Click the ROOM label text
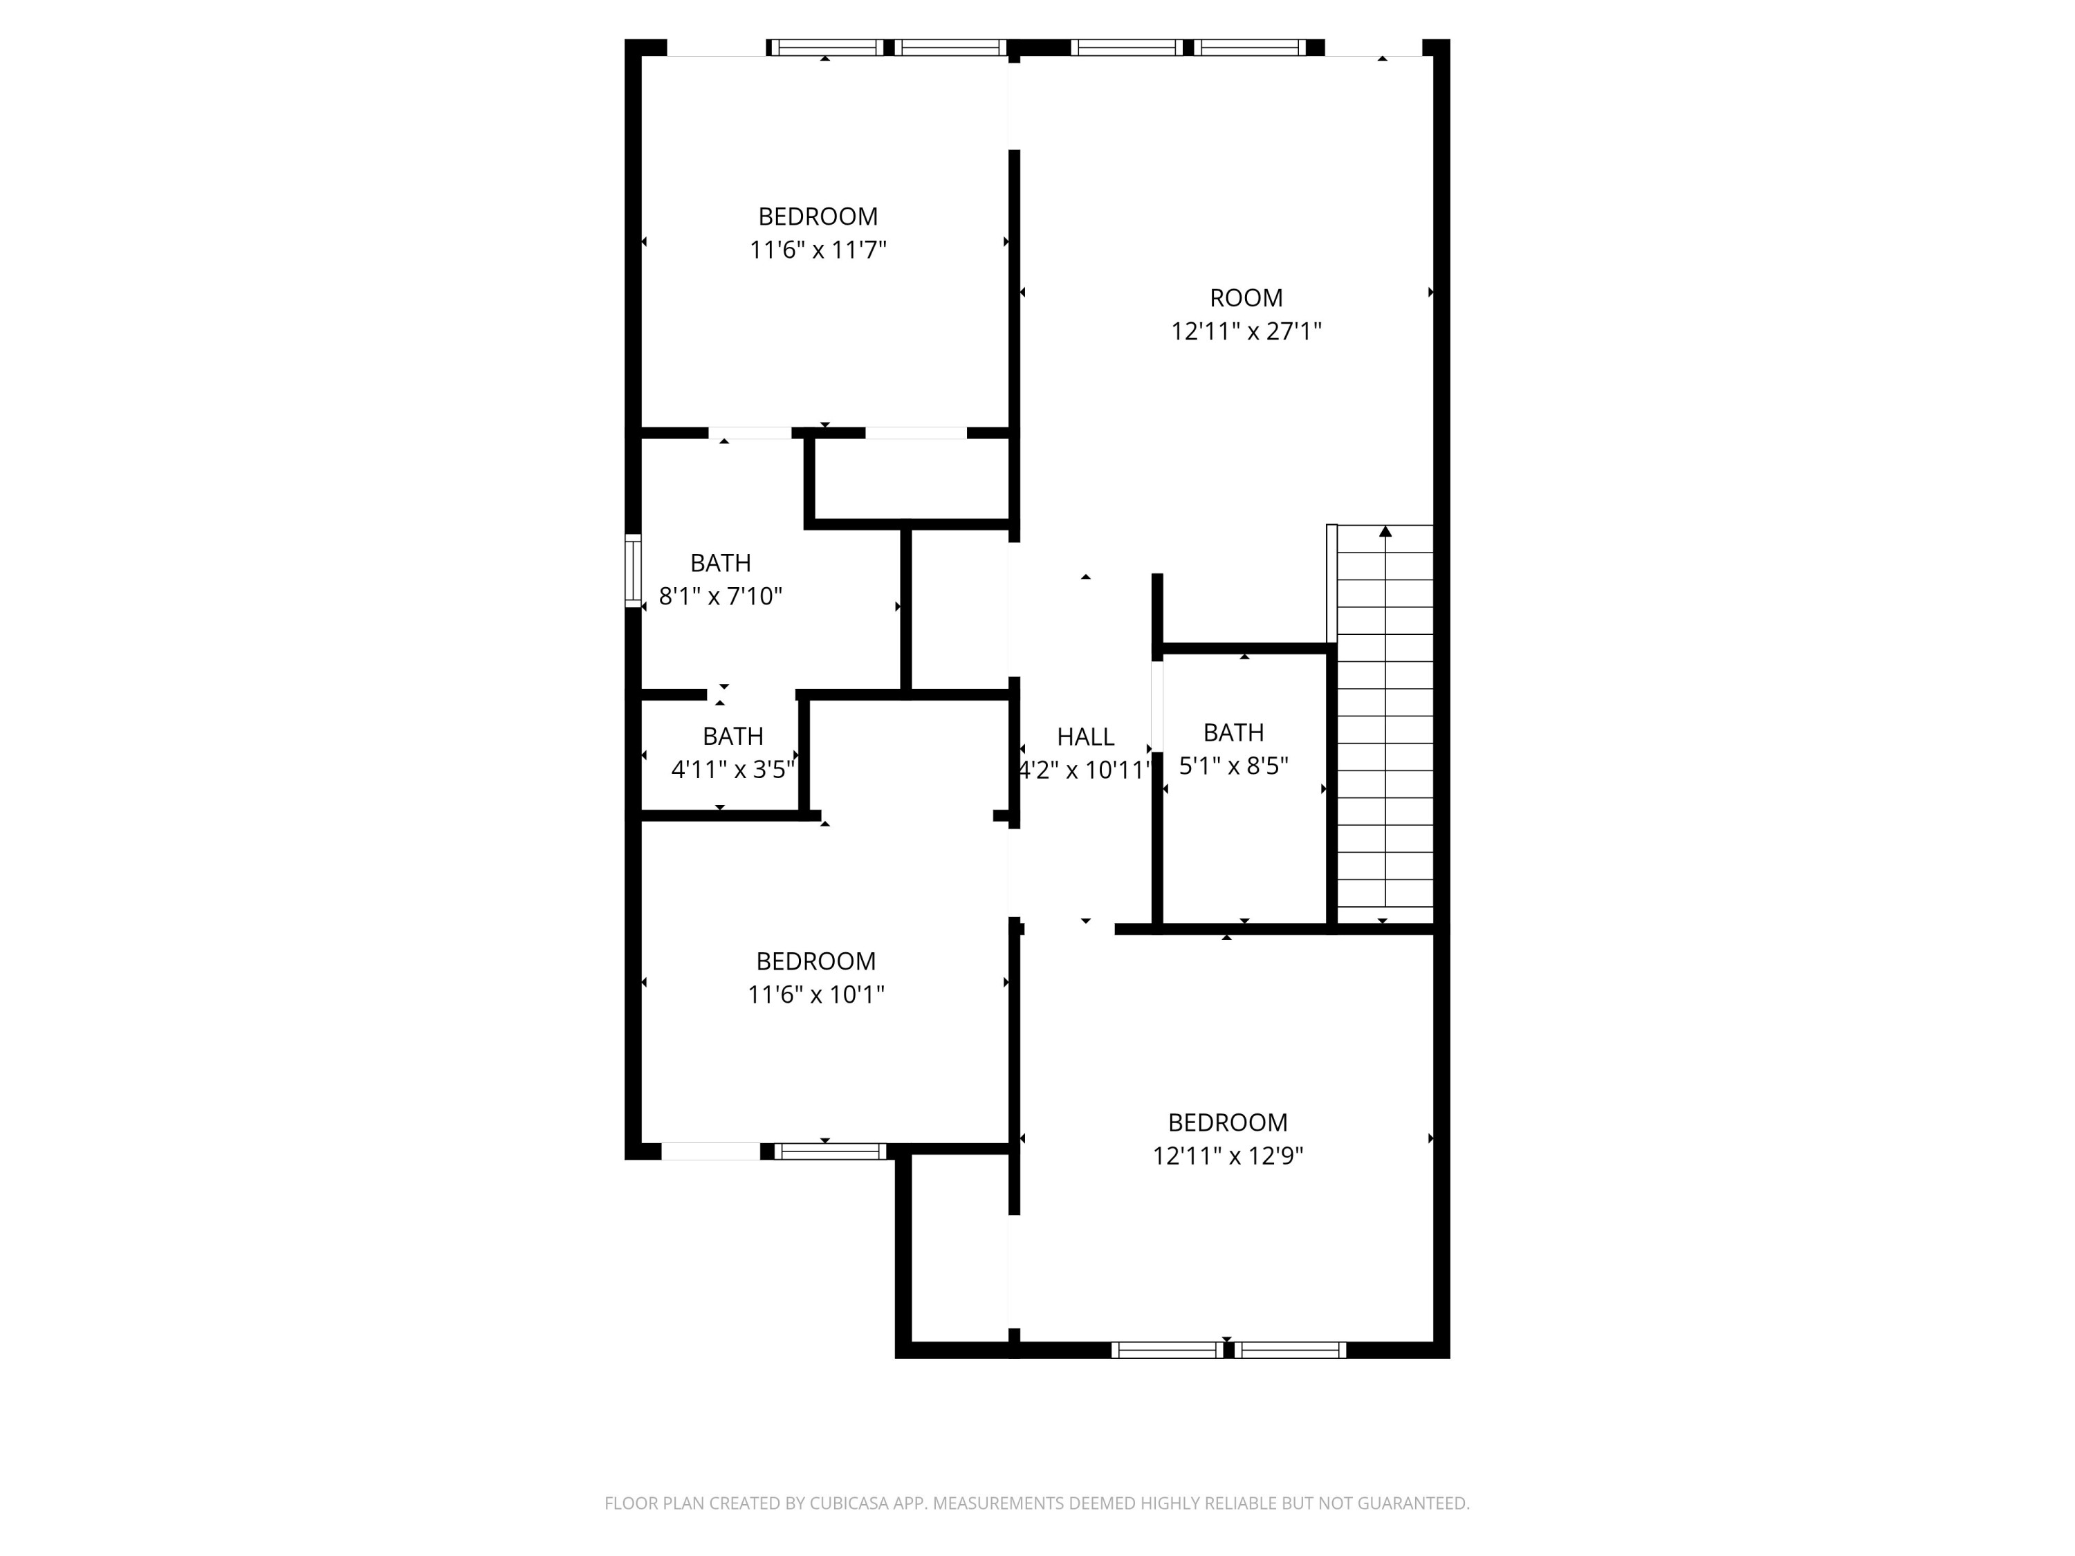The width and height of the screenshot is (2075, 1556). tap(1246, 298)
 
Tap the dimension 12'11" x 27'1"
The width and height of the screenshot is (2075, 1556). tap(1246, 332)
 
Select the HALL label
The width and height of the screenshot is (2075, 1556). tap(1085, 737)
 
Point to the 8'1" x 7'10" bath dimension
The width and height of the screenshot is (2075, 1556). tap(721, 597)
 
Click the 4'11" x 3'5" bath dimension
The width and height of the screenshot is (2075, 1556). tap(732, 770)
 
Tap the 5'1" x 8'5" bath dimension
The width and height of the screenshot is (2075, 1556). tap(1233, 766)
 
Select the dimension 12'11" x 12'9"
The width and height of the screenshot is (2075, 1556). tap(1228, 1156)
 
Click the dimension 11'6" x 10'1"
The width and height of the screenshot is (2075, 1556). tap(816, 994)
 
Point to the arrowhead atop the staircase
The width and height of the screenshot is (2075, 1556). tap(1385, 532)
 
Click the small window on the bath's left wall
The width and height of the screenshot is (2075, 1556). tap(633, 571)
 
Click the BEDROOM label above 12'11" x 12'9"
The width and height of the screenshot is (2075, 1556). tap(1228, 1122)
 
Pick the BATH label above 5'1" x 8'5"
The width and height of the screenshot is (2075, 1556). tap(1233, 732)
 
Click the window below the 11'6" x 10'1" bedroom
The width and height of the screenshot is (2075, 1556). tap(830, 1151)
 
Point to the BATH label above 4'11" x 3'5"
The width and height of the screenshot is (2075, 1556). tap(732, 737)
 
